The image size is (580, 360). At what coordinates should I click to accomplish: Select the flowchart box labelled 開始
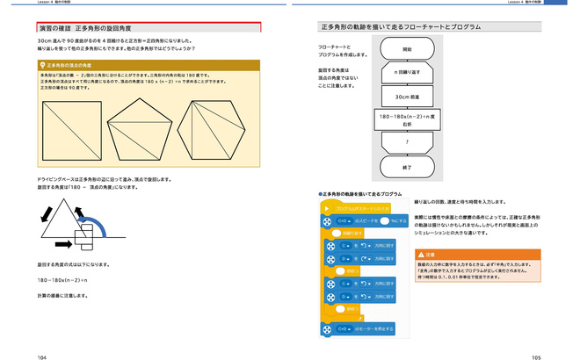tap(406, 50)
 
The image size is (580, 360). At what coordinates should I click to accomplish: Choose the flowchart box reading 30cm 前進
tap(406, 96)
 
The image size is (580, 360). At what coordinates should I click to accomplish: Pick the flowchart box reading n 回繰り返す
tap(406, 73)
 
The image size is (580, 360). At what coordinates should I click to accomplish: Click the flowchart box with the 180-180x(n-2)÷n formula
tap(406, 119)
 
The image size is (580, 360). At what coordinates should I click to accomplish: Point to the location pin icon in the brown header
tap(41, 65)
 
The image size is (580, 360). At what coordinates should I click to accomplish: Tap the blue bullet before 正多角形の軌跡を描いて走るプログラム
tap(321, 192)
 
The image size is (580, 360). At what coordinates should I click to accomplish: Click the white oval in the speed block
tap(384, 220)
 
